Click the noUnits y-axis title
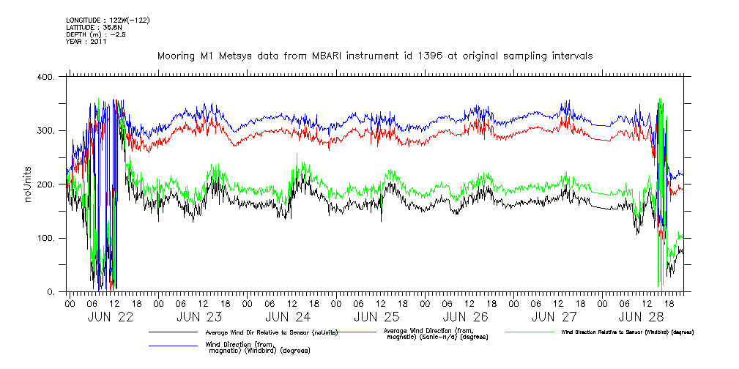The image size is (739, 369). click(x=29, y=184)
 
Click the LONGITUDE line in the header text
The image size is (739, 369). click(x=108, y=20)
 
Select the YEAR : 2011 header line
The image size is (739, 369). click(x=86, y=42)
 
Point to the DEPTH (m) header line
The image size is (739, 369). click(x=95, y=34)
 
